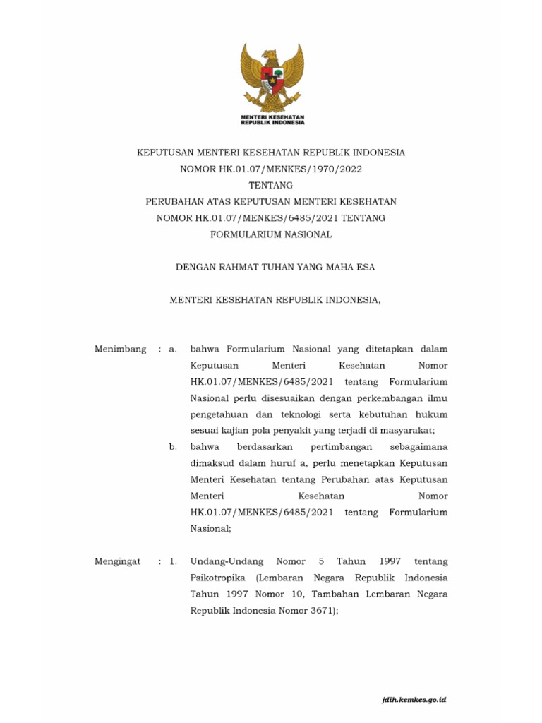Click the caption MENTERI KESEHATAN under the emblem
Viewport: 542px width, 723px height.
tap(272, 116)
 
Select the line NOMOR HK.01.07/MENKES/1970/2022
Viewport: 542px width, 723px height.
tap(271, 169)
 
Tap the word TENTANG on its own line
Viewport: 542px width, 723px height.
tap(270, 185)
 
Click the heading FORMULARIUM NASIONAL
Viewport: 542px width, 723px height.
tap(271, 234)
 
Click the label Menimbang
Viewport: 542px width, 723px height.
tap(121, 349)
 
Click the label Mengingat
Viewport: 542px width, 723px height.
tap(117, 561)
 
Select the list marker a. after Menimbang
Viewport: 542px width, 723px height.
tap(173, 349)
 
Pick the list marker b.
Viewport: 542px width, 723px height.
tap(173, 447)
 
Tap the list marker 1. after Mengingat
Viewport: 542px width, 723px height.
tap(173, 561)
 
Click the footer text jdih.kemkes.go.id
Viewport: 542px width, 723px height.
tap(413, 700)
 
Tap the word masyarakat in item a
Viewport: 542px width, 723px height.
tap(406, 431)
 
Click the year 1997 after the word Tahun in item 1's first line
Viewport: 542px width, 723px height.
tap(390, 561)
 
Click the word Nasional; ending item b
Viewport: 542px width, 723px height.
tap(210, 528)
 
